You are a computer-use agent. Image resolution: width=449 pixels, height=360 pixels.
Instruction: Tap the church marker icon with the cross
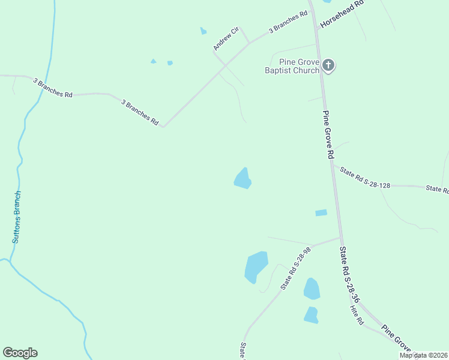(x=328, y=65)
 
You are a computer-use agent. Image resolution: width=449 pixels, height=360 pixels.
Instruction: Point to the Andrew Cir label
(x=226, y=38)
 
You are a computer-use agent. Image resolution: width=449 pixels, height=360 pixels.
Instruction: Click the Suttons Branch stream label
(x=17, y=217)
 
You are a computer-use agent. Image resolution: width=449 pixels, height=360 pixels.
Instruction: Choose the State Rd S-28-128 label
(x=365, y=178)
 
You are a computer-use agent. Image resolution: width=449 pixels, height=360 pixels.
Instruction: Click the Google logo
(x=20, y=353)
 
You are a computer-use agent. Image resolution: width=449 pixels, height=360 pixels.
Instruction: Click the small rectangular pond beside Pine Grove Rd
(x=321, y=212)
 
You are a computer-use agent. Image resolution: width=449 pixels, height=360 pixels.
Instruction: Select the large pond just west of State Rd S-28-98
(x=256, y=266)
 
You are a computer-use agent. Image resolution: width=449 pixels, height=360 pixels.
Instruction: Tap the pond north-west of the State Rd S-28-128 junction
(x=243, y=179)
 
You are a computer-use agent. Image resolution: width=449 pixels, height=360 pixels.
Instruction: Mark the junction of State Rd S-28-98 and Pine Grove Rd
(x=341, y=237)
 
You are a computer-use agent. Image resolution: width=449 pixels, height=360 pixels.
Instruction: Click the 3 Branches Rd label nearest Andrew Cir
(x=284, y=25)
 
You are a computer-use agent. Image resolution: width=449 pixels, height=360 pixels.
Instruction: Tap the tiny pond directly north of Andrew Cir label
(x=203, y=31)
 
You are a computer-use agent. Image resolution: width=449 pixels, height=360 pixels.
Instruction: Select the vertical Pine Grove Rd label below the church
(x=328, y=134)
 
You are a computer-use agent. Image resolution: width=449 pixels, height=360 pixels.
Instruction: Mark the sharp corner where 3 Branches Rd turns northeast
(x=163, y=126)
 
